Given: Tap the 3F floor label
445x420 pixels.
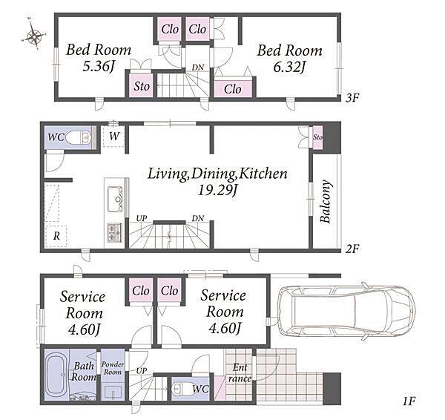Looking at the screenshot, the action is (352, 98).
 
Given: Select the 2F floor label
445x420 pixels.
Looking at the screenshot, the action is (352, 249).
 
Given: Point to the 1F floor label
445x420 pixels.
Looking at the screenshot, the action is (409, 401).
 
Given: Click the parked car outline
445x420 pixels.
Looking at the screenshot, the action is (347, 311).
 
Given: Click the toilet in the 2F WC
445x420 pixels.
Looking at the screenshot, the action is (78, 138).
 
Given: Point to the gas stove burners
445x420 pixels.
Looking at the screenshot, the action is (115, 232).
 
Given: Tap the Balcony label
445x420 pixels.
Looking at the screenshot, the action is (326, 201).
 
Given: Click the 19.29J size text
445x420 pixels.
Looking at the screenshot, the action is (217, 190).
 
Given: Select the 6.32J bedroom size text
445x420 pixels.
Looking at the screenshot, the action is (289, 67).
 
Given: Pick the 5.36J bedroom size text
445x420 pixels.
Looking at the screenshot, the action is (98, 66).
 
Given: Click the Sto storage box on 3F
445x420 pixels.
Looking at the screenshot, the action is (142, 86).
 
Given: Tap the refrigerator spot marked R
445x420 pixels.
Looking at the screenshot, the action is (56, 236).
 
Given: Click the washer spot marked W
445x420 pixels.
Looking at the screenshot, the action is (114, 136).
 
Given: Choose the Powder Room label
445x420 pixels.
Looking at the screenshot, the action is (113, 368).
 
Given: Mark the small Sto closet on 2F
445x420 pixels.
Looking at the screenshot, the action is (317, 137).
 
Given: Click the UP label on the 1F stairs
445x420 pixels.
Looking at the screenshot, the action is (142, 370).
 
